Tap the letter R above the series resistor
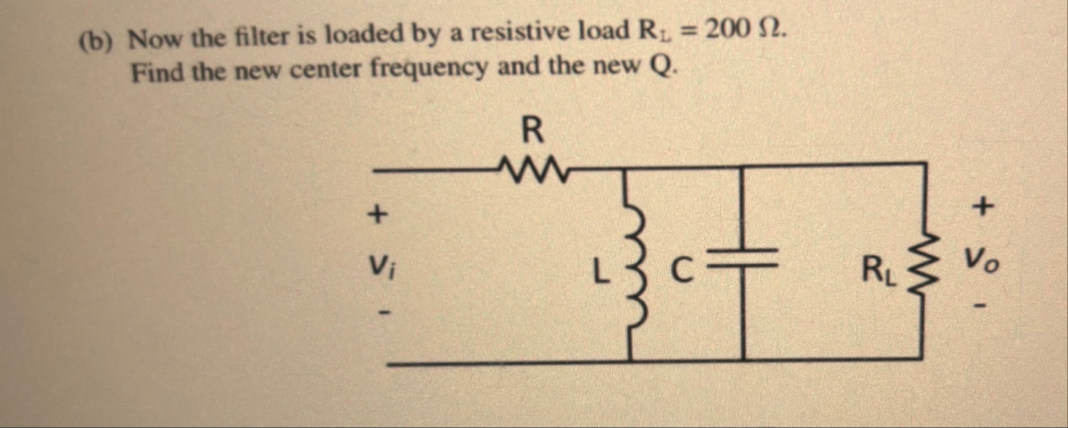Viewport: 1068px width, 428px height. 532,132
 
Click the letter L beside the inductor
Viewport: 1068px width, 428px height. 599,271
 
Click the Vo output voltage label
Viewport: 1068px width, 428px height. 981,265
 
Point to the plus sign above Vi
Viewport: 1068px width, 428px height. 378,215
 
